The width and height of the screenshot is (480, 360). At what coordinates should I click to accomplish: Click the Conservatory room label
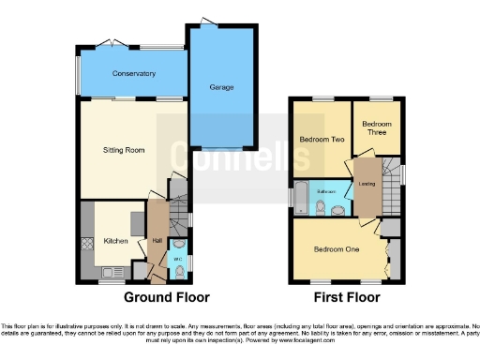134,74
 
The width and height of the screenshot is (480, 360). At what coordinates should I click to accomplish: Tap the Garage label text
221,87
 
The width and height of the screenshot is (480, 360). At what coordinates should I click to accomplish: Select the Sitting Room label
123,149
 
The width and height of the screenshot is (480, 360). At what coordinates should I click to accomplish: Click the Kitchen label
115,241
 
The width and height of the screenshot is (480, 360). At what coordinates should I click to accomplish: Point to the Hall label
157,241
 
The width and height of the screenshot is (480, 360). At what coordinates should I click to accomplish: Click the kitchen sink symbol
109,272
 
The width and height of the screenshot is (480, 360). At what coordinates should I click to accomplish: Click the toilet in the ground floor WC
178,273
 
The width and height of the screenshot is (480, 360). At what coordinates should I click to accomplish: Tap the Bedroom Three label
376,128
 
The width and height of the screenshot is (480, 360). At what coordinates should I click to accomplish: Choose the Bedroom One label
336,248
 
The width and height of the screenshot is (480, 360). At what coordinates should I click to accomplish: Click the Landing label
367,184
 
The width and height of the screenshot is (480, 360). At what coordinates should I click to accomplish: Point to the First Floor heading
347,298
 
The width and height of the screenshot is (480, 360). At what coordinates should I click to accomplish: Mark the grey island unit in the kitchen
137,223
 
